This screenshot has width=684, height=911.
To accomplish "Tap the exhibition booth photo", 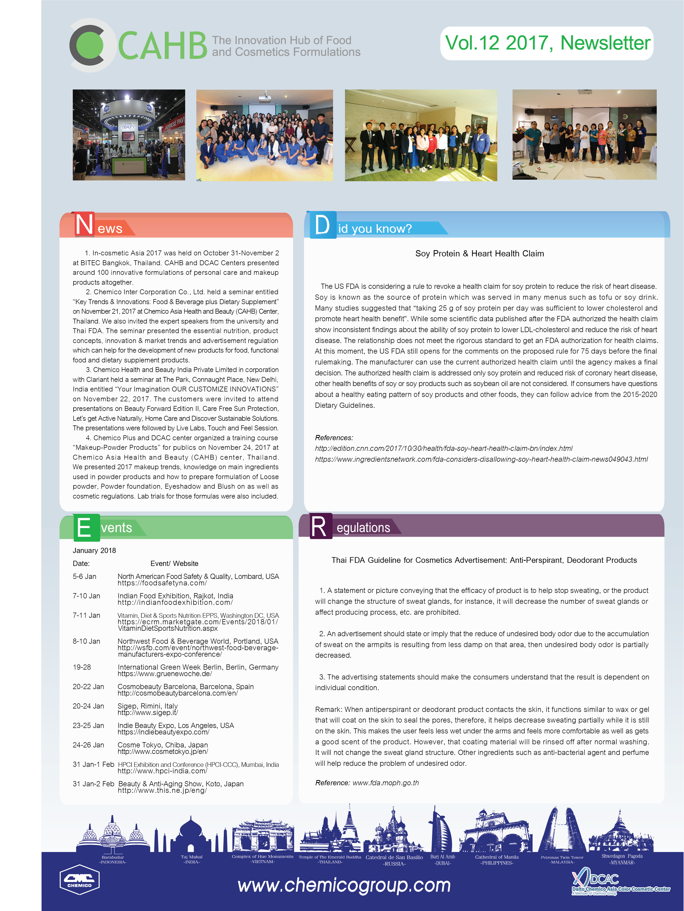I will pyautogui.click(x=129, y=135).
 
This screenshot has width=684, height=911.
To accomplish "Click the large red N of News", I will pyautogui.click(x=84, y=225).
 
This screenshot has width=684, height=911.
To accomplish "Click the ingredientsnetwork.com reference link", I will pyautogui.click(x=481, y=459).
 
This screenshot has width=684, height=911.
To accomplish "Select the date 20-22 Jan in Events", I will pyautogui.click(x=89, y=686).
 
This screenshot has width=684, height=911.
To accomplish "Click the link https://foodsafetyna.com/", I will pyautogui.click(x=162, y=583).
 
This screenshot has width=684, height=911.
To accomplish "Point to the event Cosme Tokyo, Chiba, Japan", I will pyautogui.click(x=163, y=745).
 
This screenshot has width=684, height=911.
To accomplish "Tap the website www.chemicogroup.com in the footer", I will pyautogui.click(x=344, y=885).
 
